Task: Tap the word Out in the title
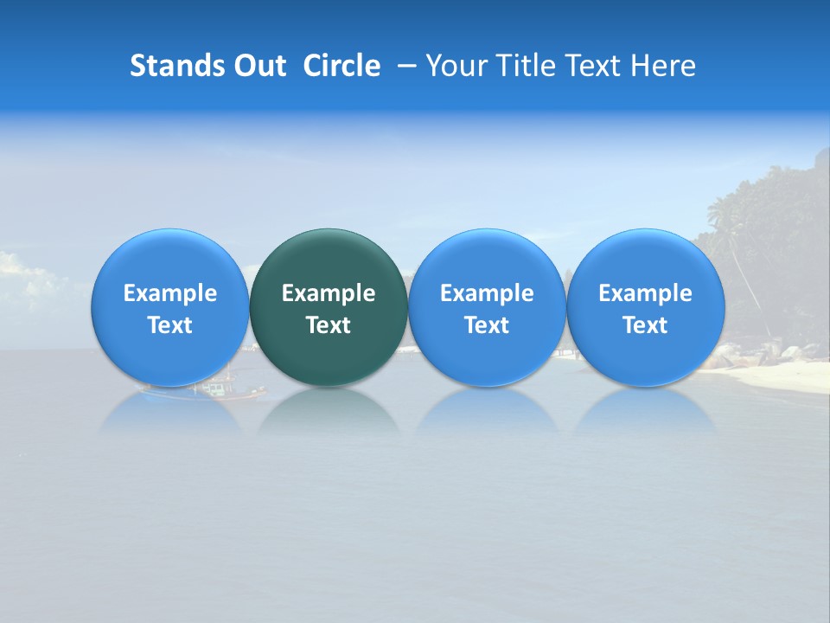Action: pyautogui.click(x=257, y=66)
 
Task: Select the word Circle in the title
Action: pyautogui.click(x=342, y=66)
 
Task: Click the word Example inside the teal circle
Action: pyautogui.click(x=329, y=293)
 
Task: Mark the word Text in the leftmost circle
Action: pyautogui.click(x=169, y=325)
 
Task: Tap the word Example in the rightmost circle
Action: pyautogui.click(x=645, y=293)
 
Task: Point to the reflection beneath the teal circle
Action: pyautogui.click(x=329, y=413)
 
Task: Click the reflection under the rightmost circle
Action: pyautogui.click(x=645, y=413)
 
